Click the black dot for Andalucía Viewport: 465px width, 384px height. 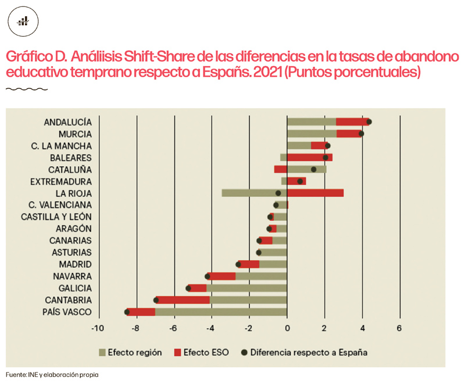pyautogui.click(x=369, y=121)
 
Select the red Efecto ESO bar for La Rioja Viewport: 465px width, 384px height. pyautogui.click(x=315, y=193)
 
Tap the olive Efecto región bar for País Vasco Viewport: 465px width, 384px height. pyautogui.click(x=221, y=312)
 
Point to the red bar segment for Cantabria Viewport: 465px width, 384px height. pyautogui.click(x=183, y=300)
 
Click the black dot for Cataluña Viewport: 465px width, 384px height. pyautogui.click(x=314, y=169)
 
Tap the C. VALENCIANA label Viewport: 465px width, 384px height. pyautogui.click(x=60, y=205)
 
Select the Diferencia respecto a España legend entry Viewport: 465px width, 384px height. pyautogui.click(x=308, y=352)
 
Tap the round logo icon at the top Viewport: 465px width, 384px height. pyautogui.click(x=23, y=21)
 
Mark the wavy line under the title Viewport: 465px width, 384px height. pyautogui.click(x=26, y=89)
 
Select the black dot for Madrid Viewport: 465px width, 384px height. pyautogui.click(x=238, y=264)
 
